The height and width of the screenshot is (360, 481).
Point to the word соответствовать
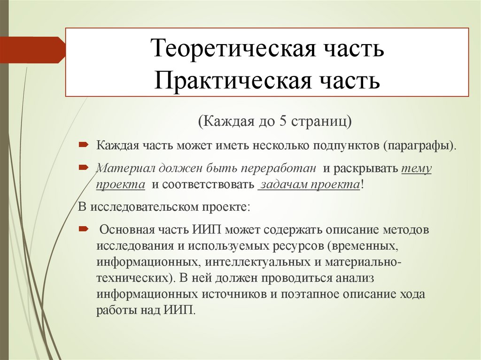point(209,184)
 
